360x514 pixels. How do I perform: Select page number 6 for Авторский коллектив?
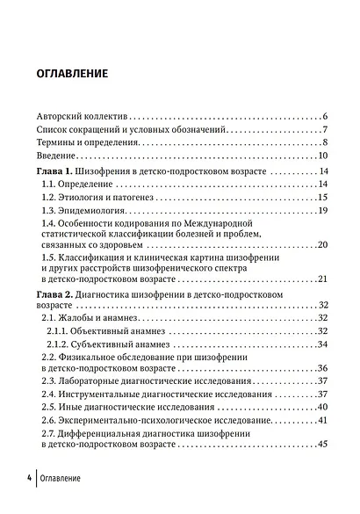(x=324, y=116)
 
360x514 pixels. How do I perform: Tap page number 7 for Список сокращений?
(x=324, y=129)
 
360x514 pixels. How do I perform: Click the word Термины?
(x=57, y=142)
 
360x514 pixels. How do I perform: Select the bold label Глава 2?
(x=56, y=294)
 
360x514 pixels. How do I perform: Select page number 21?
(x=322, y=279)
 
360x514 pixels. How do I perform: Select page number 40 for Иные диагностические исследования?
(x=322, y=407)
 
